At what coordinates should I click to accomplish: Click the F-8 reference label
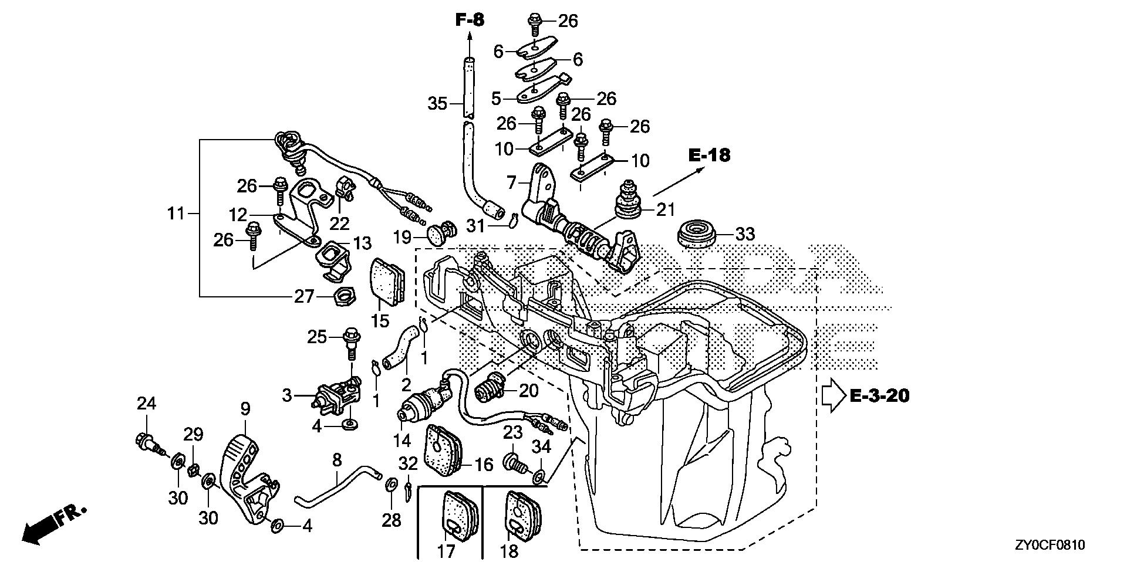click(470, 20)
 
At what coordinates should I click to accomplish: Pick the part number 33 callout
click(745, 235)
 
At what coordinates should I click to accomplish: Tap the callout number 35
click(437, 104)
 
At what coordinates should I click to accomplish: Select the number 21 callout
click(666, 209)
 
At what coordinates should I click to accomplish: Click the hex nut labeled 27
click(342, 296)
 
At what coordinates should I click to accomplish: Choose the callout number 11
click(176, 214)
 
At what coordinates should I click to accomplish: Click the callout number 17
click(446, 551)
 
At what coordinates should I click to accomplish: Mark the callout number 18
click(509, 551)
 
